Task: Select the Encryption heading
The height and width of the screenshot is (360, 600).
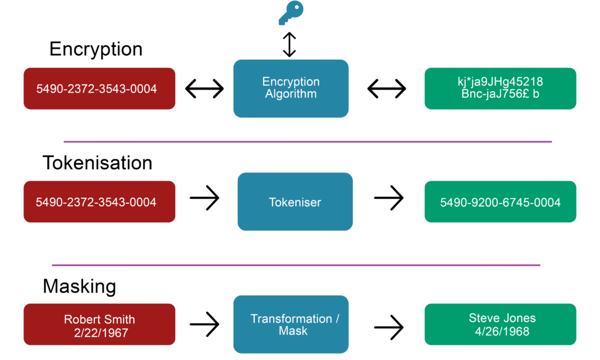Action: [x=96, y=49]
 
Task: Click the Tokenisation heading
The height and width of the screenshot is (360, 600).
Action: [x=97, y=162]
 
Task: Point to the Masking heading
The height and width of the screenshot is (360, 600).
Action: [x=79, y=286]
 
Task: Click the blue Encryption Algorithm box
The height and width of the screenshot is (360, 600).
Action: [x=291, y=89]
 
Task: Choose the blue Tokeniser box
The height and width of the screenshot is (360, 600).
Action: [x=295, y=202]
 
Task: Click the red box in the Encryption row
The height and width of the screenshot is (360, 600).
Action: [x=99, y=89]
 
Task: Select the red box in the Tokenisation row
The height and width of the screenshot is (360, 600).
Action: [x=99, y=202]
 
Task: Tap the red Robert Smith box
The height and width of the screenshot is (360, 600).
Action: [x=99, y=324]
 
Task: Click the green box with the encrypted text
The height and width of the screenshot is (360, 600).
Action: [x=500, y=89]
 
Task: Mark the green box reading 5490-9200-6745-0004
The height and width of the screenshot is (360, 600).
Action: [x=500, y=202]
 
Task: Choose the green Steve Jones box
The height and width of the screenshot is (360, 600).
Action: [x=500, y=324]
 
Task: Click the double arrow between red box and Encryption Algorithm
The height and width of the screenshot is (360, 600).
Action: [x=204, y=89]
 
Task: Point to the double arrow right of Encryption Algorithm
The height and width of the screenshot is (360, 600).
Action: [x=387, y=89]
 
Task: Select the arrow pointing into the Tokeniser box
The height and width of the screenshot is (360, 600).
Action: [x=204, y=199]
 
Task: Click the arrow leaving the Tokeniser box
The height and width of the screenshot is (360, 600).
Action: [x=389, y=199]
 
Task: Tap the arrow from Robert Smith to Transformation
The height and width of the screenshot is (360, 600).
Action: [x=204, y=323]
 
